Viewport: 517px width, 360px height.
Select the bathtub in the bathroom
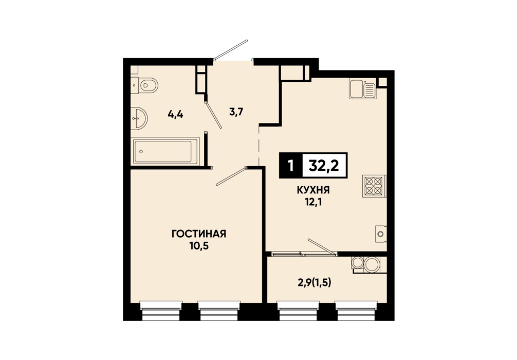165,152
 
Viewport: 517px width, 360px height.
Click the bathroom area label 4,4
175,115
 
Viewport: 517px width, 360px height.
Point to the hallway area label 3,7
236,112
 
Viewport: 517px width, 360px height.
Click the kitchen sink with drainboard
362,89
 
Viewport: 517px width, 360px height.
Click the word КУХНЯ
313,190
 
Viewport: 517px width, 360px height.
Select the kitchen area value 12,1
313,202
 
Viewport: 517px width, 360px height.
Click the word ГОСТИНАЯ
199,234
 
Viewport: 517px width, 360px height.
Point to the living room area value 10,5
199,245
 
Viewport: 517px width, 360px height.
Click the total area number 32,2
324,166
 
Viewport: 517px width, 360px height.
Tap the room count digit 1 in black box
290,166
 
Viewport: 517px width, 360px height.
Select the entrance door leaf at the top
231,50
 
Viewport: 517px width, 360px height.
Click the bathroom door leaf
213,114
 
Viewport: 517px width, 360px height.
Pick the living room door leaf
231,176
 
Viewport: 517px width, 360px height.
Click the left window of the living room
161,311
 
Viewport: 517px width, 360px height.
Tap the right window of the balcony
356,311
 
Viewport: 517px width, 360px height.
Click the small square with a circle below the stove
381,234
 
